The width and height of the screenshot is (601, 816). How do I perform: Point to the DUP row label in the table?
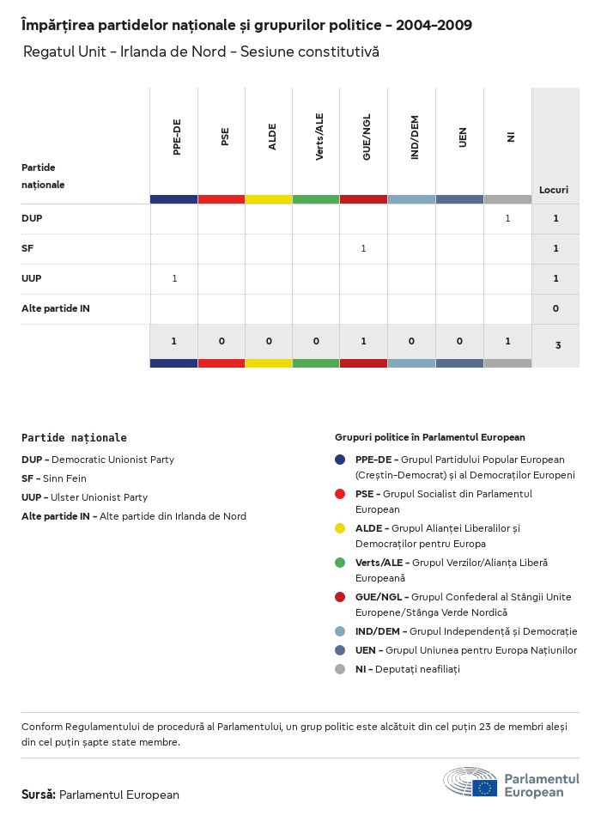pos(32,218)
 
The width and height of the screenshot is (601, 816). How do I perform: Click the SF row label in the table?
pos(27,248)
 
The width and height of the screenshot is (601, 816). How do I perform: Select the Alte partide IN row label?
pos(56,308)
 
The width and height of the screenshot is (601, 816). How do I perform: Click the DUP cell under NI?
pos(507,218)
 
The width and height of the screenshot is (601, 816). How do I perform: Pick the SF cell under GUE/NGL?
pos(363,248)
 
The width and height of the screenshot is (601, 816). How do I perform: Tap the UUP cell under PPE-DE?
pos(174,278)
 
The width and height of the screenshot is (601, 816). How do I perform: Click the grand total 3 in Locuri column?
pos(557,345)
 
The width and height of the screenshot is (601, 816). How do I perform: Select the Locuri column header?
pos(553,189)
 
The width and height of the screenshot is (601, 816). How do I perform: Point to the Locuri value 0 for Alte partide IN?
pos(555,308)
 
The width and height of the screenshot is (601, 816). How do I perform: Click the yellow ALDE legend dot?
pos(340,528)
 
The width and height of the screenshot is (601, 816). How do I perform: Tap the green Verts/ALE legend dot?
pos(340,563)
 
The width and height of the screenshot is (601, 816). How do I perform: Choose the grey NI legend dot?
pos(340,669)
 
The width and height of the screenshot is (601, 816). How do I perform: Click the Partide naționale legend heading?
pos(74,438)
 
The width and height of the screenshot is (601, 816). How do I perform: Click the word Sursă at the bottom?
pos(39,795)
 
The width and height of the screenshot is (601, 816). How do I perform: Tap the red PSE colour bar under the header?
pos(222,199)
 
